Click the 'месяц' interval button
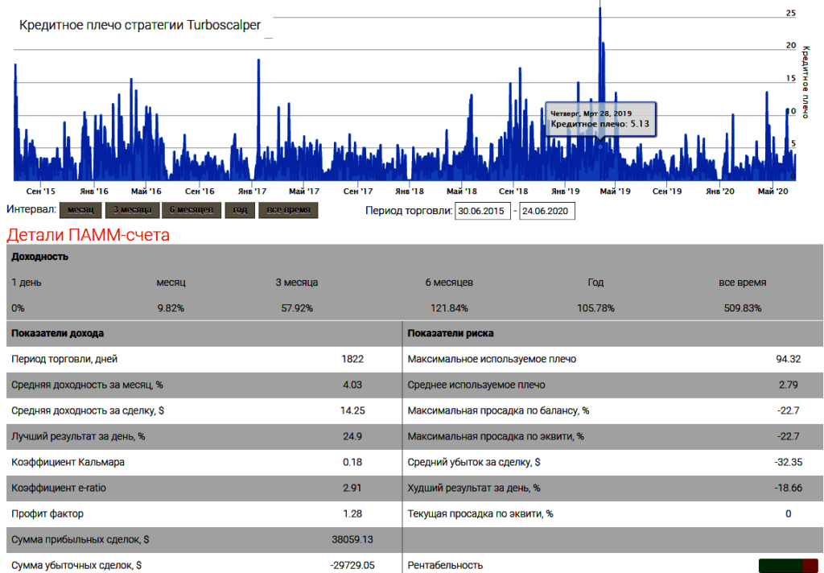(x=80, y=210)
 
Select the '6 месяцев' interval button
(x=191, y=210)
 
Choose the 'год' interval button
(x=240, y=210)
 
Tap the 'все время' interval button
(x=288, y=210)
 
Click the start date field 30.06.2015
(x=483, y=211)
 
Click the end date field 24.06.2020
(x=547, y=211)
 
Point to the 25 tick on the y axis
(x=791, y=14)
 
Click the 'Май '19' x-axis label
(x=615, y=192)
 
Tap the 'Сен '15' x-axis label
(x=40, y=192)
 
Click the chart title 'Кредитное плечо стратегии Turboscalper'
(x=140, y=25)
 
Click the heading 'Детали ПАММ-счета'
(x=88, y=235)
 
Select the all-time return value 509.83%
(x=742, y=308)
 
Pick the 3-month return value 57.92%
(x=295, y=308)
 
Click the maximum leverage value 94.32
(x=788, y=359)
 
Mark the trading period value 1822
(x=352, y=359)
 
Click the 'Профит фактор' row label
(x=47, y=513)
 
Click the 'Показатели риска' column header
(x=451, y=333)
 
